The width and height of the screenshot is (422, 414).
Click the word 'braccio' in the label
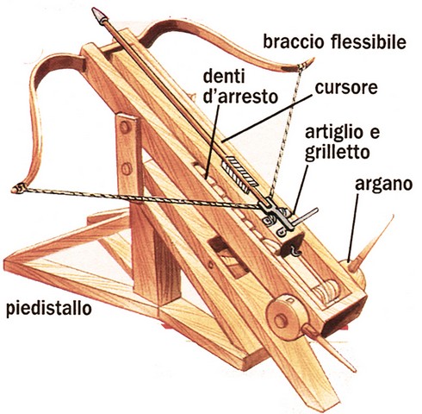coord(295,42)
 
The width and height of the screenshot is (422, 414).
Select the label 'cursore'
coord(346,88)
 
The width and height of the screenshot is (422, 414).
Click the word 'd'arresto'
coord(240,97)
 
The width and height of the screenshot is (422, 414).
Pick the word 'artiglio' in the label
coord(334,132)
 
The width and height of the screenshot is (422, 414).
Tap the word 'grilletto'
coord(337,152)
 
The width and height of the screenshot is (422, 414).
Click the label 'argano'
coord(383,185)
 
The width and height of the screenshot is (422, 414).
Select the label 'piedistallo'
coord(49,309)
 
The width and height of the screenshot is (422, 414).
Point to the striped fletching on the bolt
coord(239,173)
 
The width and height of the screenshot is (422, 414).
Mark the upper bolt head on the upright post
coord(125,127)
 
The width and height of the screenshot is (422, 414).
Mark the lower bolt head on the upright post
coord(127,169)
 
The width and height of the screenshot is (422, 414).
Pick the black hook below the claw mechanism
coord(295,251)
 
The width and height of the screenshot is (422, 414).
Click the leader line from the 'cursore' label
coord(268,118)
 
